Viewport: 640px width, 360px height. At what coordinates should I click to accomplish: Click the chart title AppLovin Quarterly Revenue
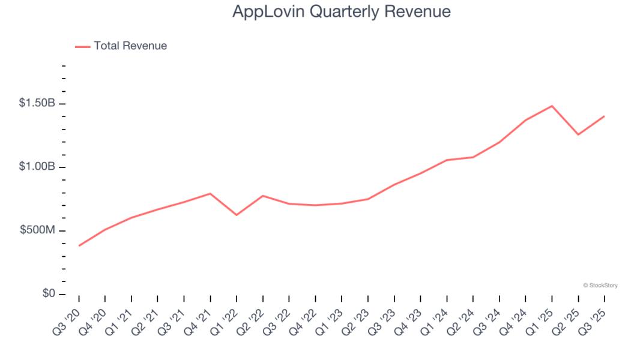[x=341, y=11]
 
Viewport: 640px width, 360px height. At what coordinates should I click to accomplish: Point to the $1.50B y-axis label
[x=37, y=103]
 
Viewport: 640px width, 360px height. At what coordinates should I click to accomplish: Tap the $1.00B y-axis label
[x=37, y=167]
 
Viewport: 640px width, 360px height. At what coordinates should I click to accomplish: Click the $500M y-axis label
[x=37, y=230]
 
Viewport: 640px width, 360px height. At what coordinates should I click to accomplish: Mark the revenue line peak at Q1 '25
[x=552, y=106]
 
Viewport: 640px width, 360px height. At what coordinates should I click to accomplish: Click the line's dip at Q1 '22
[x=237, y=215]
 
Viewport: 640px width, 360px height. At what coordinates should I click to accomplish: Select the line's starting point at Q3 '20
[x=79, y=245]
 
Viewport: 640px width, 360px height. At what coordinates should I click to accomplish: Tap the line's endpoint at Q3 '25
[x=604, y=116]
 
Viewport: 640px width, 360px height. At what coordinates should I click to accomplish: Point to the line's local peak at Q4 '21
[x=210, y=193]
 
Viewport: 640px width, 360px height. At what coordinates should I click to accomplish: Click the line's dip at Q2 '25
[x=578, y=134]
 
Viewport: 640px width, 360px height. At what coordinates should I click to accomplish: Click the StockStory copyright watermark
[x=600, y=286]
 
